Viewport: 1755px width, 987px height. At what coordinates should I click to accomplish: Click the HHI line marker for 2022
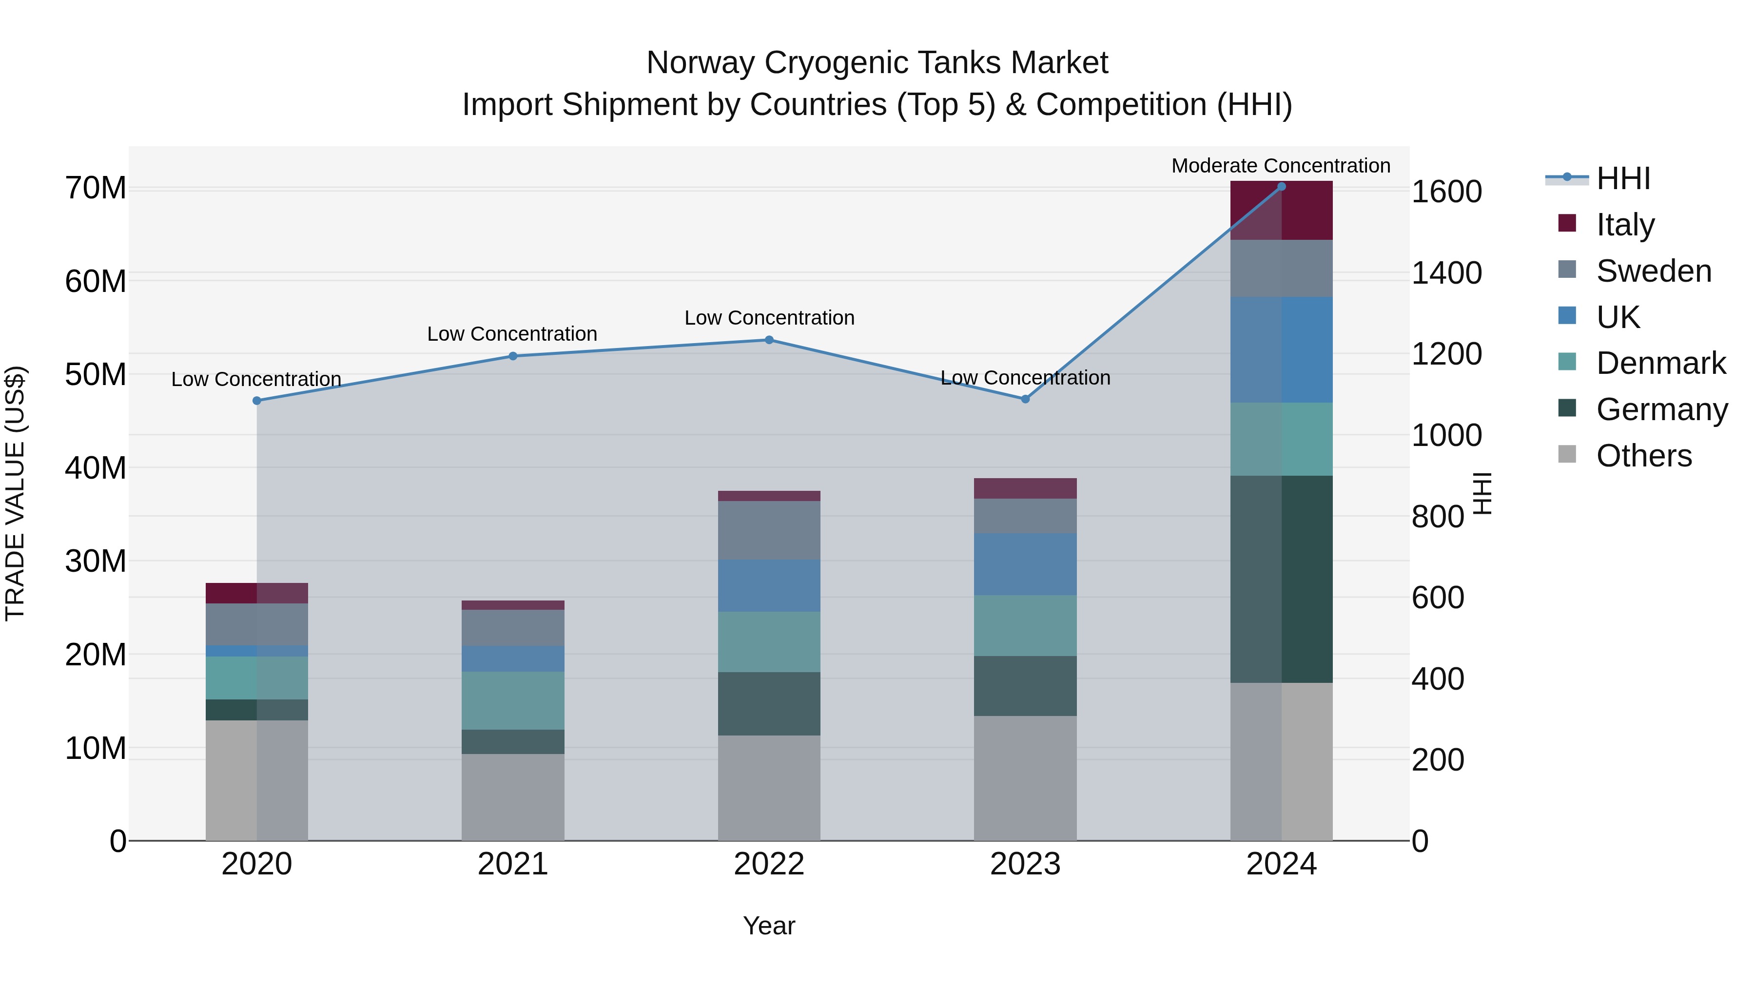click(769, 340)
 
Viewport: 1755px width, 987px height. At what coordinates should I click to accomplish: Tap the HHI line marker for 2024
click(1282, 187)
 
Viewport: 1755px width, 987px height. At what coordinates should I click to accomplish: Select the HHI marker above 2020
click(257, 401)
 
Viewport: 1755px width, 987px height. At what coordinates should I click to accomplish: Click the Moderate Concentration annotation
click(1281, 166)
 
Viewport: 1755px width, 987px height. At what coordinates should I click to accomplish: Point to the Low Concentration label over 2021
click(512, 334)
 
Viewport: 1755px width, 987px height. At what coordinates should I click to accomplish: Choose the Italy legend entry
click(1625, 224)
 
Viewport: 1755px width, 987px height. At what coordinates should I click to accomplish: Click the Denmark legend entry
click(1660, 363)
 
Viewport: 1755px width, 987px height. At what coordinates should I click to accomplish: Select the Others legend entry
click(1643, 456)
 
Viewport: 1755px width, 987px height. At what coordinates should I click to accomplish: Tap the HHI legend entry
click(1623, 178)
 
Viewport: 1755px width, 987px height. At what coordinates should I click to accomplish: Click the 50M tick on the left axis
click(96, 375)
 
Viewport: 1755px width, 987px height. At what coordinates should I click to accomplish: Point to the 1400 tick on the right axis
click(1446, 273)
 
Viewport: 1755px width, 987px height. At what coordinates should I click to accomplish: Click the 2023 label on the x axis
click(1025, 864)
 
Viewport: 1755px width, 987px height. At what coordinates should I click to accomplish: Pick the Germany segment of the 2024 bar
click(1282, 579)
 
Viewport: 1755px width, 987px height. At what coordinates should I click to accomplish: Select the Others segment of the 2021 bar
click(513, 797)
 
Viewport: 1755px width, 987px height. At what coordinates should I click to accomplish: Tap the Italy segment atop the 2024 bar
click(1282, 211)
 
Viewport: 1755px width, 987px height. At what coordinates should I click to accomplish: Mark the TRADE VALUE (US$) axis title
click(15, 493)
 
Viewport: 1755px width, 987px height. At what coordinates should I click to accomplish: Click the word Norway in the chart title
click(701, 63)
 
